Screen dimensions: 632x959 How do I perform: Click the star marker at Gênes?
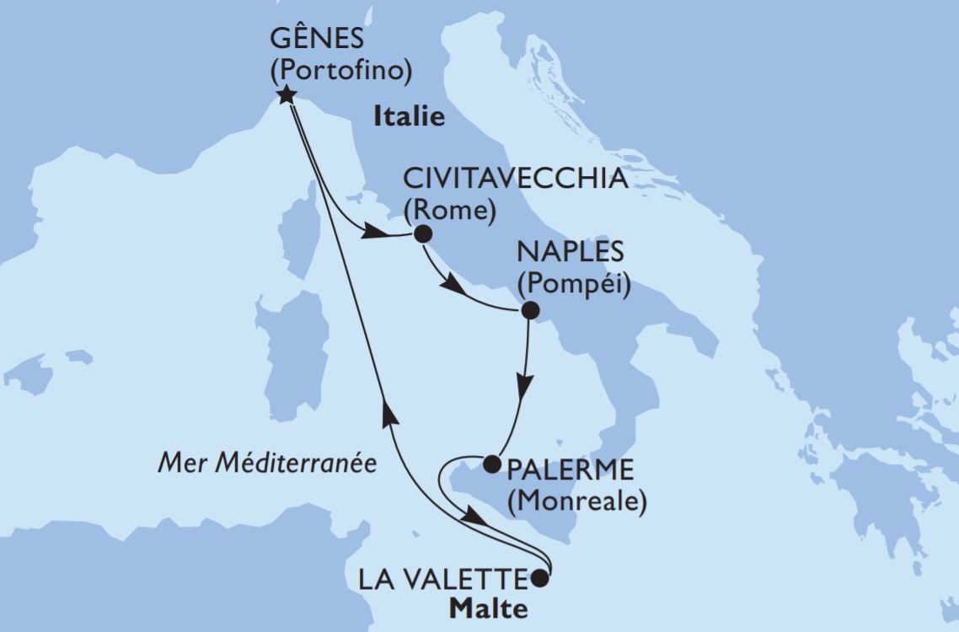(287, 94)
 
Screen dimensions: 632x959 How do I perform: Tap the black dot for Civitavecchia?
(421, 234)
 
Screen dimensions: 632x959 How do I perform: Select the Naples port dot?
(530, 311)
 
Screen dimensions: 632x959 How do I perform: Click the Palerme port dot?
(490, 462)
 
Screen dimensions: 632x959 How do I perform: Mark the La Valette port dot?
(539, 579)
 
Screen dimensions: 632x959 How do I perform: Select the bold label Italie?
(409, 117)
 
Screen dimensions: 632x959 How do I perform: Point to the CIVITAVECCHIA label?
(516, 180)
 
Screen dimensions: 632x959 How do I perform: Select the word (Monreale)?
(576, 501)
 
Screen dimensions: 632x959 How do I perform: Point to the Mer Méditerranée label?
(267, 463)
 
